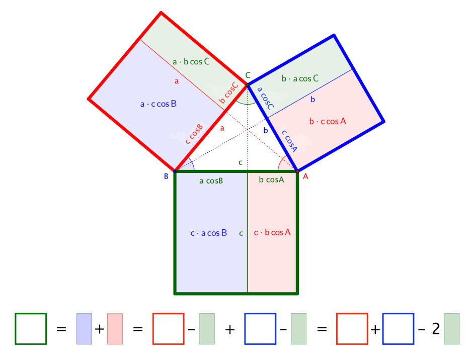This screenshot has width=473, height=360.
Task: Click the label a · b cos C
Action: click(x=191, y=62)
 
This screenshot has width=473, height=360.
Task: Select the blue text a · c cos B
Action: click(x=159, y=104)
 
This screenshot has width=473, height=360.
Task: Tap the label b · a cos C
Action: click(x=300, y=79)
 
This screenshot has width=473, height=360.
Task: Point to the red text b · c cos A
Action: click(x=328, y=121)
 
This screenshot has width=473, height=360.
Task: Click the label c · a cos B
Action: click(x=209, y=233)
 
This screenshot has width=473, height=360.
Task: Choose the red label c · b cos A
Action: click(x=272, y=232)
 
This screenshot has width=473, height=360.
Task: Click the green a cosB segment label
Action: click(x=211, y=181)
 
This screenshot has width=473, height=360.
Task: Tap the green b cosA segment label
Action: click(x=272, y=179)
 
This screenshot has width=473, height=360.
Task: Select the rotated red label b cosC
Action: click(x=228, y=93)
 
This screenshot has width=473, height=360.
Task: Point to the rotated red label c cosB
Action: click(x=194, y=134)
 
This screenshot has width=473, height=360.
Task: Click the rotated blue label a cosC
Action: click(x=266, y=98)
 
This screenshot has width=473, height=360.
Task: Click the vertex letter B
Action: click(x=166, y=176)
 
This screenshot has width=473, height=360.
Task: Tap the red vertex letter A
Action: click(x=305, y=176)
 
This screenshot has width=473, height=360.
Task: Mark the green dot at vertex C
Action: click(x=248, y=85)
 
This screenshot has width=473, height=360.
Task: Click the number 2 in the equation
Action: click(x=436, y=329)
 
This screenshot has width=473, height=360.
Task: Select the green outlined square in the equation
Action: click(x=31, y=329)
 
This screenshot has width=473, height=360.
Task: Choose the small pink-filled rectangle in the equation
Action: click(x=115, y=329)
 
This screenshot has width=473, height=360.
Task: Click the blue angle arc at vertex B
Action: click(x=192, y=164)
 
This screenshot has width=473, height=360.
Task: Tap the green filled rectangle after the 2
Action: click(x=451, y=329)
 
